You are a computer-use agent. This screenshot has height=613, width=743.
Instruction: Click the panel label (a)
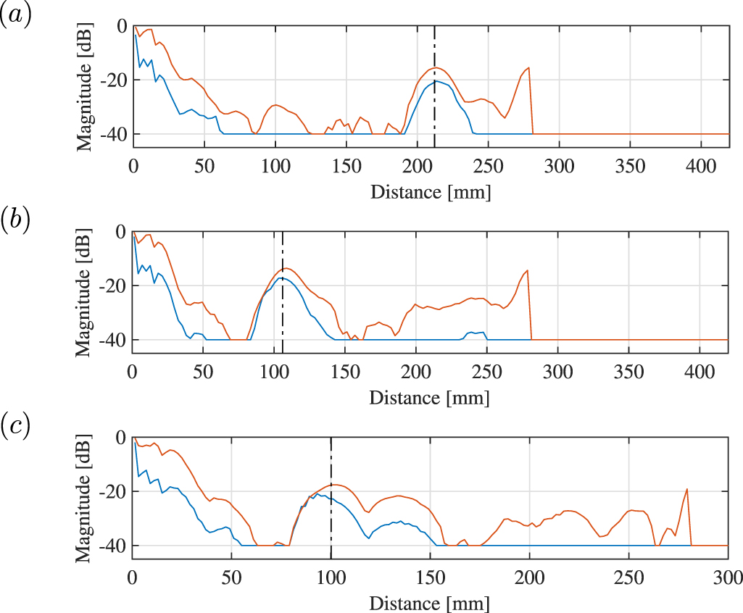tap(15, 17)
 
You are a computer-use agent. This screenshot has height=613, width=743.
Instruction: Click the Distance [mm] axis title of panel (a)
tap(430, 193)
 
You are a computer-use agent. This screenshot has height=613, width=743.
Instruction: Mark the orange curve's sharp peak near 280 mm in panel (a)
tap(529, 67)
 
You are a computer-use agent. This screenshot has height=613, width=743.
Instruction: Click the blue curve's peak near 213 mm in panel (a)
tap(436, 81)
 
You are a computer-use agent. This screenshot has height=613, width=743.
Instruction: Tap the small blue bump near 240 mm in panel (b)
tap(472, 332)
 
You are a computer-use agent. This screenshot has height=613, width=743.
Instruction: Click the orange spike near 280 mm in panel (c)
tap(686, 490)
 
